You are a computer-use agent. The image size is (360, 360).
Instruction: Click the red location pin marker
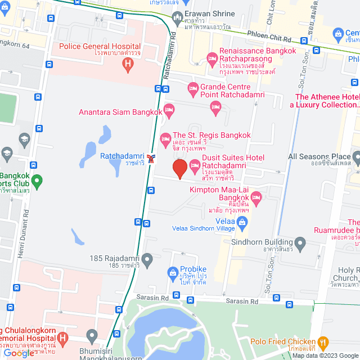179,169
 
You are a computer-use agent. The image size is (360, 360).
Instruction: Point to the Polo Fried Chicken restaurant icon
323,341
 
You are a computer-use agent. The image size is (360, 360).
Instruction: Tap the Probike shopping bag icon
173,274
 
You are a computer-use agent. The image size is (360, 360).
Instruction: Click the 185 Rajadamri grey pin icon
147,259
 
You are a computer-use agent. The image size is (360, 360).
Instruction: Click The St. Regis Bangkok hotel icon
165,138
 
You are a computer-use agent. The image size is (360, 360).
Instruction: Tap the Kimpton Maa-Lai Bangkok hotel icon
256,197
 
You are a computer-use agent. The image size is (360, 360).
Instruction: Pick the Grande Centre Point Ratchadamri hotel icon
193,87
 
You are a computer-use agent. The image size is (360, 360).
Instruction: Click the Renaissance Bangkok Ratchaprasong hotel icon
212,57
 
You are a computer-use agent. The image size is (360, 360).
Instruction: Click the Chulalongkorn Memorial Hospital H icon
62,339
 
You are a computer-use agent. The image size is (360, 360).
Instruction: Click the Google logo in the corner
19,353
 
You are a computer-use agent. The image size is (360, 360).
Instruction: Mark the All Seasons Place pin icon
357,156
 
